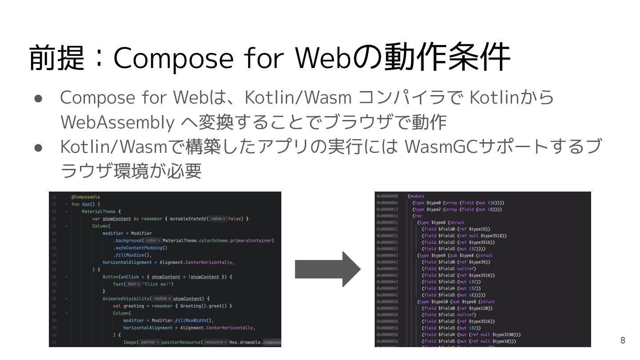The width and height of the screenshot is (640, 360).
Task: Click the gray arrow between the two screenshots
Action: coord(327,269)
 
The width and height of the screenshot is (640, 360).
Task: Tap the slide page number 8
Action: coord(623,340)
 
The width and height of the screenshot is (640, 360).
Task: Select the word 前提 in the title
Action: coord(56,58)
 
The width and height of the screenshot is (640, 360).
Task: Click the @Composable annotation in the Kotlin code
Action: coord(86,197)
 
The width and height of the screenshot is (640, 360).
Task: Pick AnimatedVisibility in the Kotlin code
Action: coord(126,299)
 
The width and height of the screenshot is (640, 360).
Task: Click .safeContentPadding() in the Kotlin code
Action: coord(140,248)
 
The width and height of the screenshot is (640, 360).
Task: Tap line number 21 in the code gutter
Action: coord(54,197)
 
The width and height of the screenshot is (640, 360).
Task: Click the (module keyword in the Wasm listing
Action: coord(416,196)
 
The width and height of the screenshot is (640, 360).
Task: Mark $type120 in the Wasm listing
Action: coord(478,308)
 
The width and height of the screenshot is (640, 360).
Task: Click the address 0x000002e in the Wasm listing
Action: coord(387,216)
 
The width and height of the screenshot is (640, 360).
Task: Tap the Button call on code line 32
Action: coord(110,277)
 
